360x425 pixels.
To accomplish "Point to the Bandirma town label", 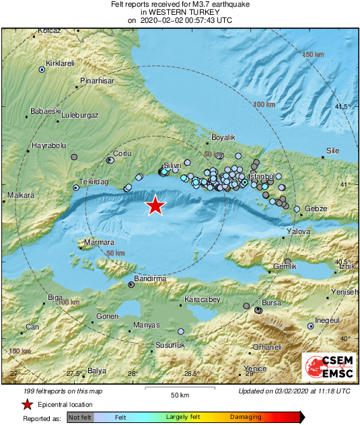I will coord(149,278).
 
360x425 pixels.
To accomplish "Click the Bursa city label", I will coord(271,303).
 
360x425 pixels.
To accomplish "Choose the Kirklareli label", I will coord(59,63).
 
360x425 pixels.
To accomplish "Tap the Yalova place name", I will coord(298,231).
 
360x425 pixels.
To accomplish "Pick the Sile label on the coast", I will coord(332,151).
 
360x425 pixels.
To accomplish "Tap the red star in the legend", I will coord(27,404).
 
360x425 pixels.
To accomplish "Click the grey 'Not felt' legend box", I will coord(80,417).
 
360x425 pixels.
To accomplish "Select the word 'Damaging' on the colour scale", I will coord(246,417).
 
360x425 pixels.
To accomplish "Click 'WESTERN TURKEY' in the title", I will coord(180,12).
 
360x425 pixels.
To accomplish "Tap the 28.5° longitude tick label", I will coord(192,373).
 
